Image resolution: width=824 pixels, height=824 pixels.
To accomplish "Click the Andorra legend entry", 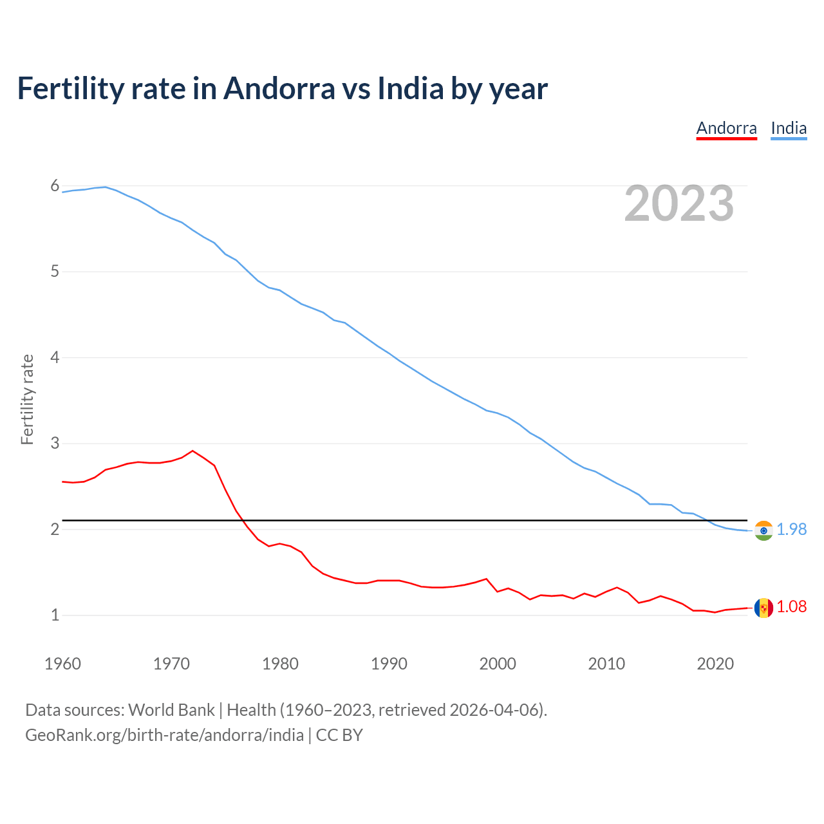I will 726,128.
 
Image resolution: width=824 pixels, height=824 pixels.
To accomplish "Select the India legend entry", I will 789,128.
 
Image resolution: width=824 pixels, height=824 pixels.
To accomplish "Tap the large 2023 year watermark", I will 679,203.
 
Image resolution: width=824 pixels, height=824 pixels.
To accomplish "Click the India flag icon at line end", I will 763,530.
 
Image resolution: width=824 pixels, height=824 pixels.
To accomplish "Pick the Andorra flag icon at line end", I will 763,608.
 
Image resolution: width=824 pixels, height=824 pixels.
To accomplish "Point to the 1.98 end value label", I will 792,529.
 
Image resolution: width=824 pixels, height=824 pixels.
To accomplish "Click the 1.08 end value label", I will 792,606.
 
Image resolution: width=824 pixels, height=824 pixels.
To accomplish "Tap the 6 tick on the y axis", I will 55,186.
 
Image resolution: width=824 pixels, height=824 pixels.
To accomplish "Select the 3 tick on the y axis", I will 55,444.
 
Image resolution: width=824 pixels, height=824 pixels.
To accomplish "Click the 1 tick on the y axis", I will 55,615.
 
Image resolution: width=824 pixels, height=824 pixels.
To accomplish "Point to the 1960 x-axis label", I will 62,664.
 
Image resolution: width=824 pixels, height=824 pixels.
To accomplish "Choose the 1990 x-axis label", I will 389,664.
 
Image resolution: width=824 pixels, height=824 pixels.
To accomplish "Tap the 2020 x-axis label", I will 715,664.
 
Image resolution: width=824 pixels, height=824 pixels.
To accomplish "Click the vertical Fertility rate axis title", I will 27,399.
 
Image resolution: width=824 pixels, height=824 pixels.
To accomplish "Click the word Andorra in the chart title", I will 279,88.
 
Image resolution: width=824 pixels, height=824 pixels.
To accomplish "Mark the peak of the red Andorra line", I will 192,451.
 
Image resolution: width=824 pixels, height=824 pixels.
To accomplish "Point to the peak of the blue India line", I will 106,187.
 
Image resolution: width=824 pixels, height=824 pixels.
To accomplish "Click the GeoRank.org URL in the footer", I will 164,735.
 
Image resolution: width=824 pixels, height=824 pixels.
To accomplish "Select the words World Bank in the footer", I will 171,710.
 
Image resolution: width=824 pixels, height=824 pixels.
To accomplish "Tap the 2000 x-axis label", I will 498,664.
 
